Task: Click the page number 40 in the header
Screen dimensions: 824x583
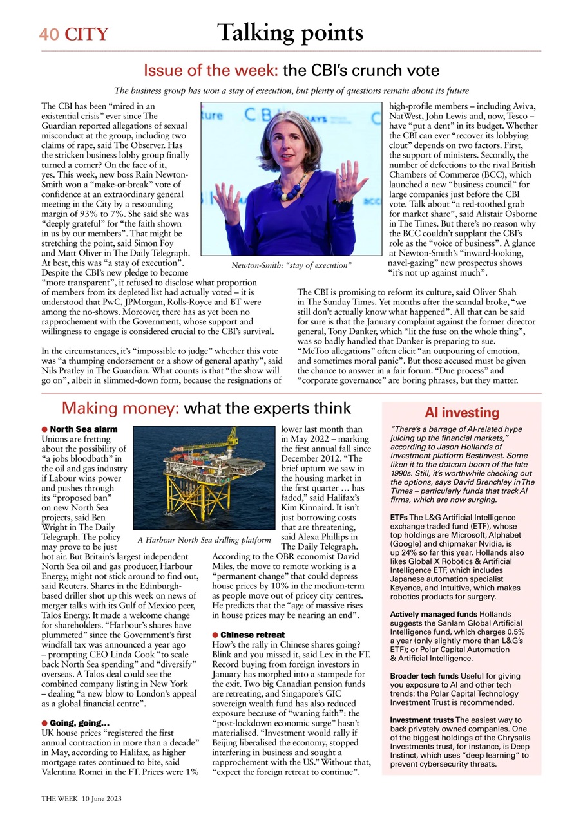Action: coord(48,35)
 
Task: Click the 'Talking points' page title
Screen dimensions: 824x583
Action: coord(290,33)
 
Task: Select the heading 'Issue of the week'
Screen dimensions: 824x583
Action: coord(210,70)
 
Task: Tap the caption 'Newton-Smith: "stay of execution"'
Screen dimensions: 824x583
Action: coord(291,265)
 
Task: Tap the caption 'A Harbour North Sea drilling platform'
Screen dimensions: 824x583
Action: coord(204,539)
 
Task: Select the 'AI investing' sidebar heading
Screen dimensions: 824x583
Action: coord(462,413)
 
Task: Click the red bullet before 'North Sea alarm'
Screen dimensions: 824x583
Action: coord(44,429)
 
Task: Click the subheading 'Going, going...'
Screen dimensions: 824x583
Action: coord(79,723)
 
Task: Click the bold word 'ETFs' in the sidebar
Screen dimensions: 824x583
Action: coord(399,517)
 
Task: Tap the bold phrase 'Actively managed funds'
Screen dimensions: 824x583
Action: coord(434,614)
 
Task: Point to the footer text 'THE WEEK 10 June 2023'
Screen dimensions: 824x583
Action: coord(81,798)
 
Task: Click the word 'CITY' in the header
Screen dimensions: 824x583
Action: coord(86,35)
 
